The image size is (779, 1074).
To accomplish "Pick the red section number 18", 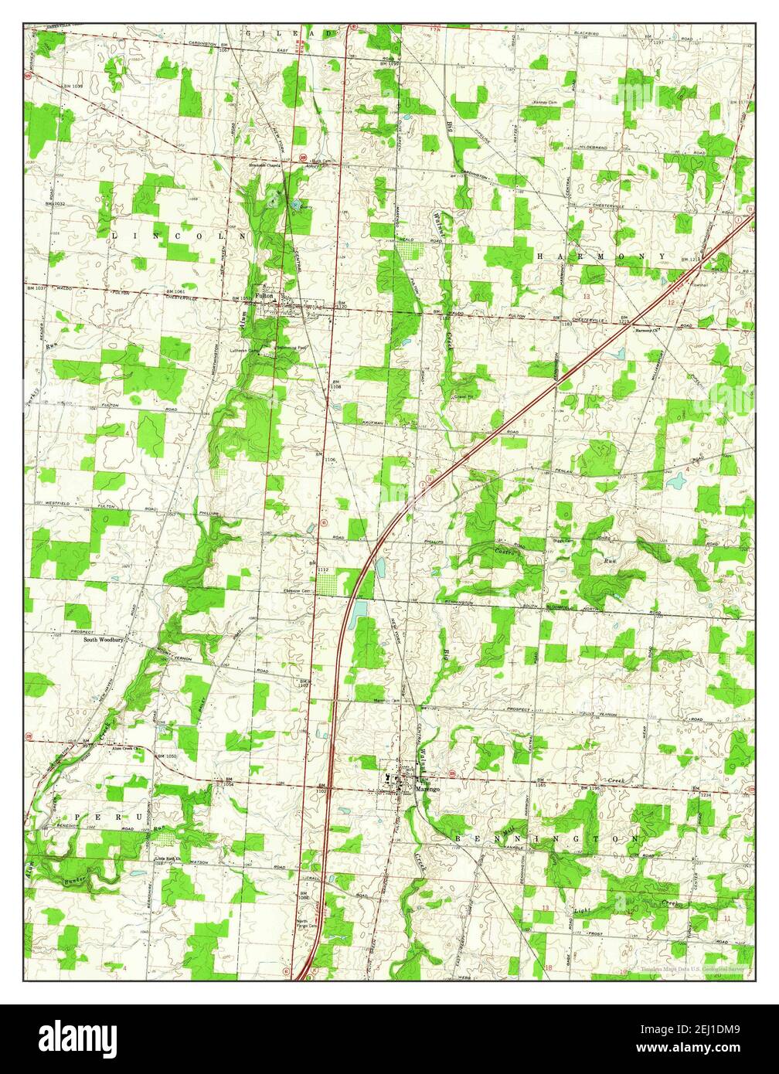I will click(549, 967).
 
